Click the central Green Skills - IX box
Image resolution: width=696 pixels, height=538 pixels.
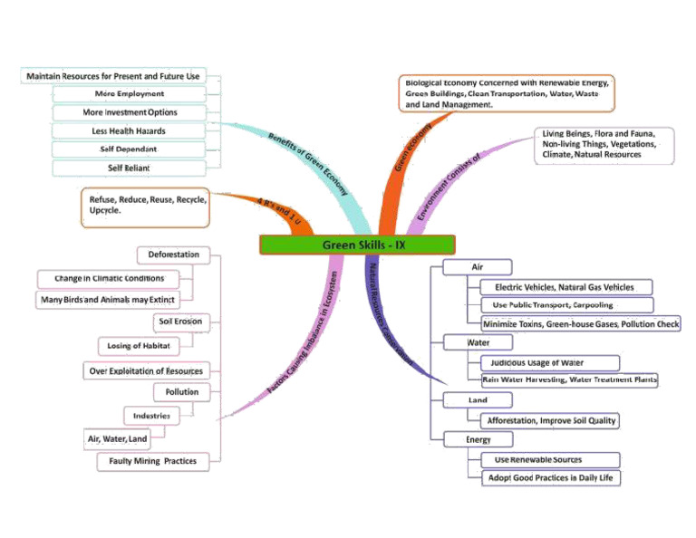[x=357, y=245]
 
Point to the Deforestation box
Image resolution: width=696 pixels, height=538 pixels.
[x=174, y=255]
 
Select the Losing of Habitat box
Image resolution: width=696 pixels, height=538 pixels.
[x=139, y=345]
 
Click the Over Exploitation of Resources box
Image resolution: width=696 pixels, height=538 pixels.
[x=145, y=370]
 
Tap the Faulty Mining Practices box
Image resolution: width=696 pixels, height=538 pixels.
[x=152, y=461]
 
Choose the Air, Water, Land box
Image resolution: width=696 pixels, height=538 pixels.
[x=118, y=439]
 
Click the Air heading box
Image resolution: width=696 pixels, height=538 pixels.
[x=478, y=267]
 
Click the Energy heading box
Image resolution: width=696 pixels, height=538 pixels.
[x=478, y=439]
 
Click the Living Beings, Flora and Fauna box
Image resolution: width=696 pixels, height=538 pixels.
[x=604, y=144]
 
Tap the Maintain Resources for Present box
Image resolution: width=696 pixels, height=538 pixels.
[x=113, y=76]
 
